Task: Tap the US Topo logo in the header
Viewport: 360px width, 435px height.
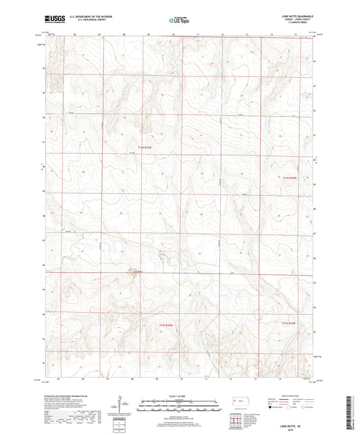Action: click(178, 21)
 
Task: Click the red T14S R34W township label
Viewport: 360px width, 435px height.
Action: click(290, 178)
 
